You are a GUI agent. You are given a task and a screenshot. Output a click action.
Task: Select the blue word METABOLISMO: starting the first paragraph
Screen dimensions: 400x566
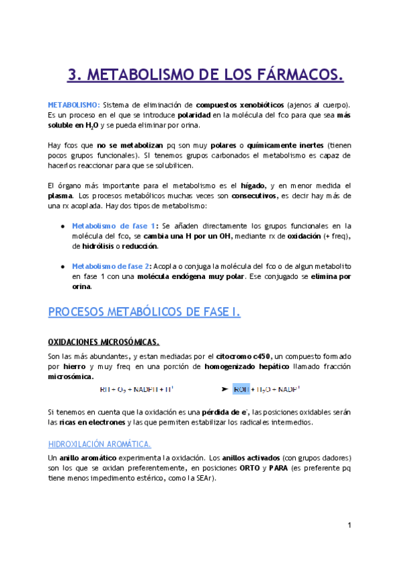tap(73, 105)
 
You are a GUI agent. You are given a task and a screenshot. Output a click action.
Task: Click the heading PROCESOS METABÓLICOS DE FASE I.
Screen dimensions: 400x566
tap(144, 312)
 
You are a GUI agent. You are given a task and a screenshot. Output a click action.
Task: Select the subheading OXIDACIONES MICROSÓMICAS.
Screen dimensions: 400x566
tap(104, 342)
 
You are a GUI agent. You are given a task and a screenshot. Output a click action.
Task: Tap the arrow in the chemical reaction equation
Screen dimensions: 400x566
tap(225, 388)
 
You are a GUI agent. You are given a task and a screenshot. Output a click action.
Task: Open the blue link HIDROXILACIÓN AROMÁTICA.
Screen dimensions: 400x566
tap(99, 443)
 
